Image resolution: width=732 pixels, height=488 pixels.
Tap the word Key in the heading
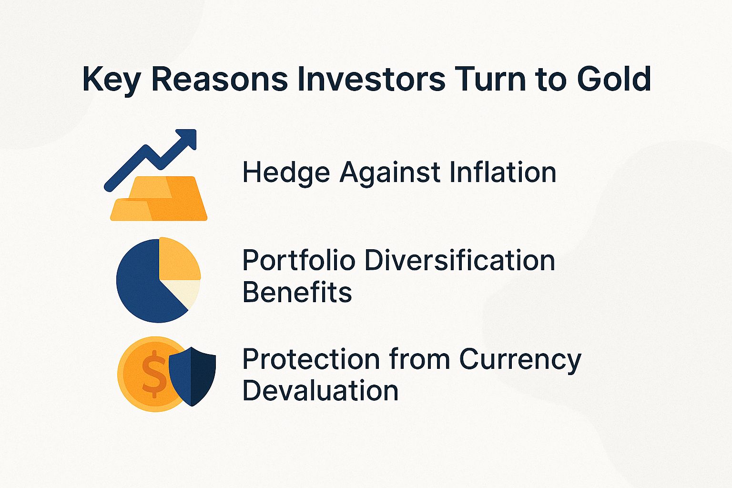coord(111,80)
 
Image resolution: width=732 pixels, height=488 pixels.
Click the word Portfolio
coord(299,261)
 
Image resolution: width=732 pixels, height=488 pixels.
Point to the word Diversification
coord(459,261)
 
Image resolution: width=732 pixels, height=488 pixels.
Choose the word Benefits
coord(297,292)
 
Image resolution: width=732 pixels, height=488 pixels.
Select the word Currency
coord(520,360)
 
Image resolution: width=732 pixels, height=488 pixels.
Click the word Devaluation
coord(320,390)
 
